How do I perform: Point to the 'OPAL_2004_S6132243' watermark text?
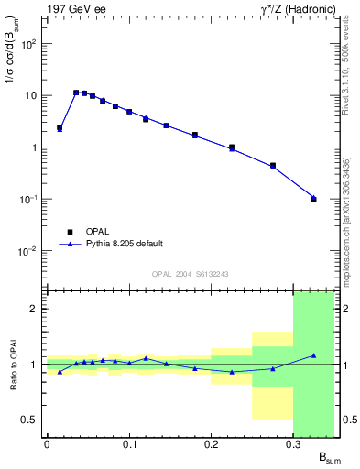(x=191, y=273)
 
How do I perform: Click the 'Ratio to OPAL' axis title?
(x=14, y=365)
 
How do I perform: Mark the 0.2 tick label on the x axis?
(x=211, y=444)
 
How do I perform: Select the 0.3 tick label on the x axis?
(x=293, y=444)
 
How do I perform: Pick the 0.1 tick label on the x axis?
(x=129, y=444)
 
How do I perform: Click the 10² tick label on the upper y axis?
(x=29, y=43)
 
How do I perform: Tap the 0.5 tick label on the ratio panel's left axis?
(x=28, y=420)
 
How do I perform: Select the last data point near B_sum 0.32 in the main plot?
(x=313, y=198)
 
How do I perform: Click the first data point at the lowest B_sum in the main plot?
(x=60, y=128)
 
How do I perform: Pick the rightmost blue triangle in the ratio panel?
(x=313, y=355)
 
